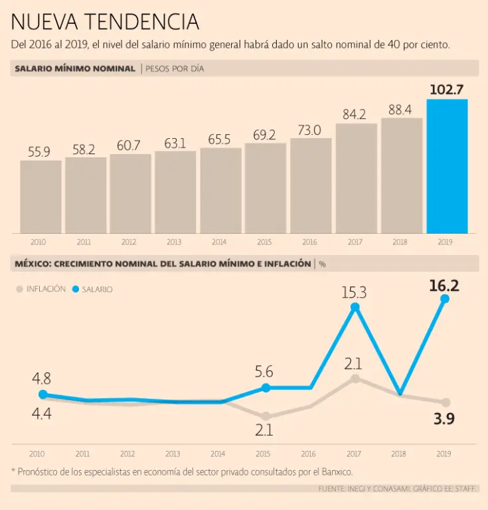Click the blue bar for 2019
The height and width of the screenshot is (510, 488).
click(x=447, y=166)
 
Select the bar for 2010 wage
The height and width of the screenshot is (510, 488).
click(x=41, y=197)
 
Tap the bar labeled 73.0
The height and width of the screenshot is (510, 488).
click(x=310, y=185)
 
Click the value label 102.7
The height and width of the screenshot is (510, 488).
click(x=446, y=90)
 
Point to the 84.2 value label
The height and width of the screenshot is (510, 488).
click(x=355, y=114)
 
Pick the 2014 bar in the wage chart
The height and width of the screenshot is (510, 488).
click(x=220, y=190)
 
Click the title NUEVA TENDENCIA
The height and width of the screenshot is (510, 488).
click(x=105, y=23)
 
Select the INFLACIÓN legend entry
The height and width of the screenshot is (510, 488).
click(x=41, y=289)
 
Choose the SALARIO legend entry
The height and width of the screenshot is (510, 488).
click(x=93, y=289)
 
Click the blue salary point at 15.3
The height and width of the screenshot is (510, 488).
click(x=355, y=307)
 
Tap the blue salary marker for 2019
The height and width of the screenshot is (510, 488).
click(x=445, y=299)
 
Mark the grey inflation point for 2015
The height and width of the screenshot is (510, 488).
click(x=266, y=416)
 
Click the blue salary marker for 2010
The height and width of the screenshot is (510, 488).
click(x=42, y=394)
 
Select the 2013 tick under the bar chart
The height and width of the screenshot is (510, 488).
click(x=174, y=242)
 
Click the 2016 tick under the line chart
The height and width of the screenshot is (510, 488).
click(x=309, y=454)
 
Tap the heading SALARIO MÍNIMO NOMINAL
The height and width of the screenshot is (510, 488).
click(x=74, y=68)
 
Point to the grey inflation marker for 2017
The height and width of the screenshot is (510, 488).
click(x=355, y=379)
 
